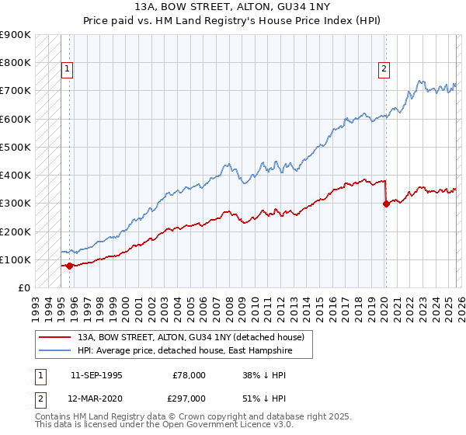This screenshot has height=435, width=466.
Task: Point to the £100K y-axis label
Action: pyautogui.click(x=16, y=259)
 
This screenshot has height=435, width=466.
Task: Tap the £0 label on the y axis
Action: pyautogui.click(x=25, y=287)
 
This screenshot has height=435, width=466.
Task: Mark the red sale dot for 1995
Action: pyautogui.click(x=69, y=266)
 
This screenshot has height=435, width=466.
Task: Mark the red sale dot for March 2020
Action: pyautogui.click(x=386, y=204)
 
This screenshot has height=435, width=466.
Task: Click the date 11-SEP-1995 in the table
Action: pyautogui.click(x=96, y=375)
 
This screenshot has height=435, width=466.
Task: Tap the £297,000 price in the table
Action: pyautogui.click(x=189, y=398)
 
